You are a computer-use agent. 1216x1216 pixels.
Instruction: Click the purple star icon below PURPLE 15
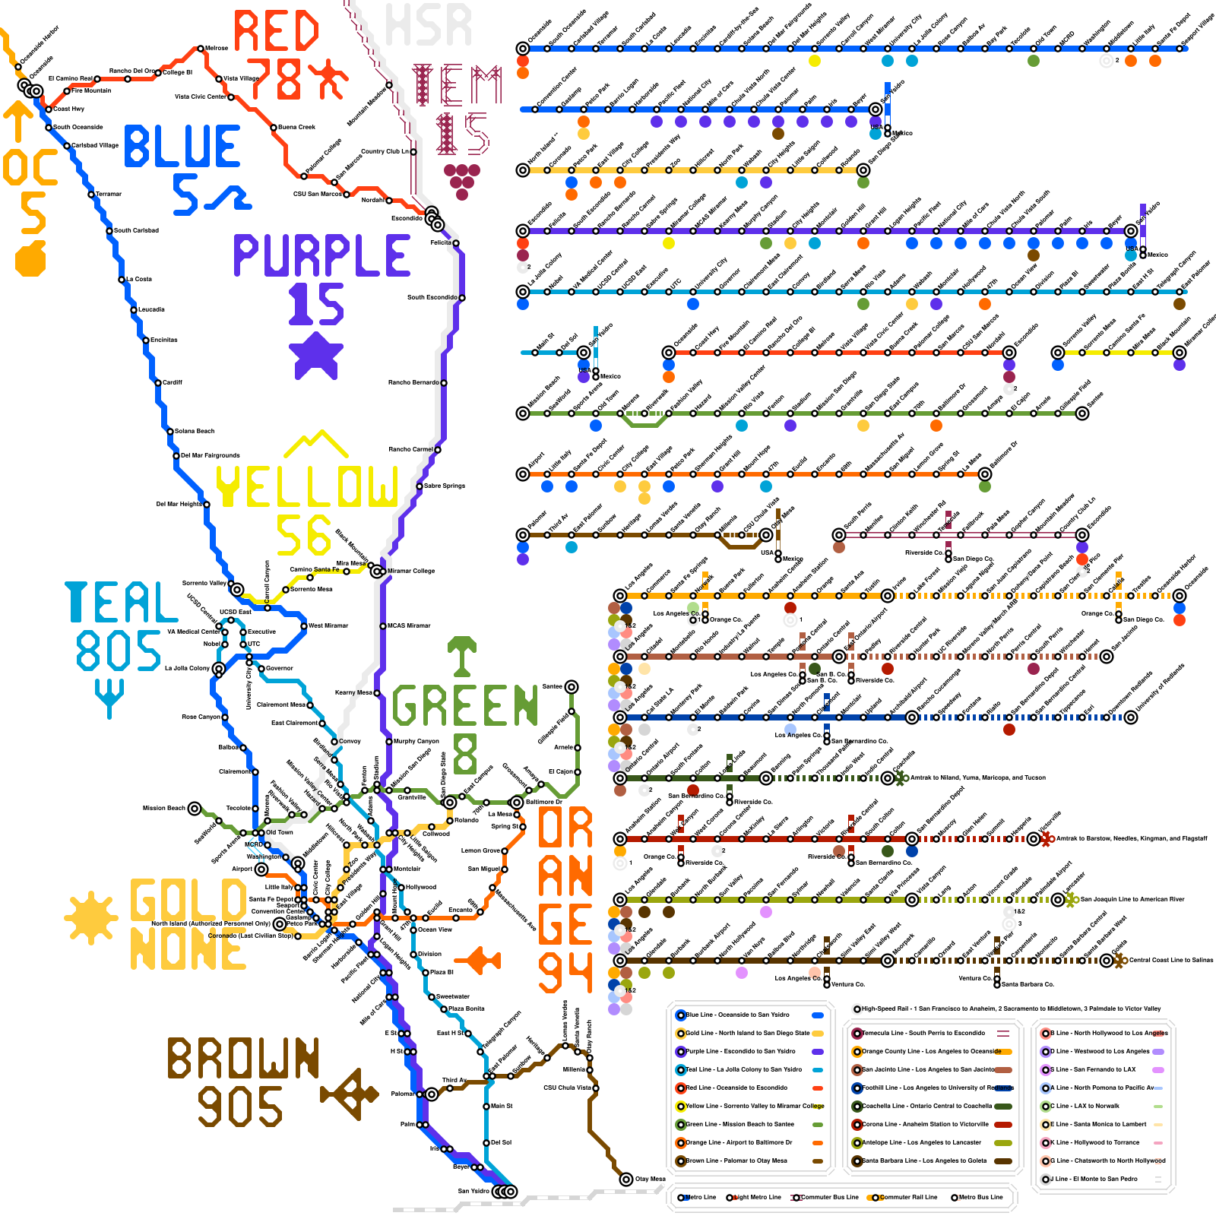(x=316, y=354)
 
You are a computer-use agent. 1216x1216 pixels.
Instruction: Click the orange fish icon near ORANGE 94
(x=483, y=960)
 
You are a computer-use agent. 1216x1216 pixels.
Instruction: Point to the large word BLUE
(x=182, y=147)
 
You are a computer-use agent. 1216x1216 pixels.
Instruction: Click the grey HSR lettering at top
(x=429, y=25)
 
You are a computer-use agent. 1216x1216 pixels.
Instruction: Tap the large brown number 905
(x=240, y=1107)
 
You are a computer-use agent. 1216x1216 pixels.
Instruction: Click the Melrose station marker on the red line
(x=201, y=48)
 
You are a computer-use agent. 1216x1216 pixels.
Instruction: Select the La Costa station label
(x=139, y=279)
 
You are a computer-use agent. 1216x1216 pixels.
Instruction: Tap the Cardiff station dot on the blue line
(x=158, y=382)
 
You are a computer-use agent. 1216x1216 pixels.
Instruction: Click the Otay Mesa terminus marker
(x=625, y=1179)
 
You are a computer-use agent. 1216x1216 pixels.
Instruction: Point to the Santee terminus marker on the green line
(x=572, y=686)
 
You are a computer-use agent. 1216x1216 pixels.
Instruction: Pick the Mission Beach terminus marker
(x=195, y=808)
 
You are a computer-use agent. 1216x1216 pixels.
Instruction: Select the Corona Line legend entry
(x=931, y=1124)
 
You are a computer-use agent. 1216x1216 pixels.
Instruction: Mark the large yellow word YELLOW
(x=307, y=486)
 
